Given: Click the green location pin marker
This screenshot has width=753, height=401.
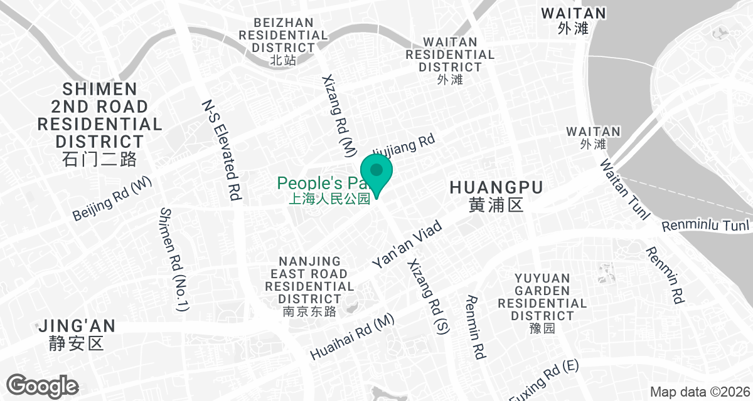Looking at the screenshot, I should pos(376,174).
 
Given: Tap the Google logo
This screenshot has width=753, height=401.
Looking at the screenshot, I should pos(43,385).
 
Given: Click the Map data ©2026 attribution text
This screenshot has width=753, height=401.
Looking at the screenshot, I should pos(700,392).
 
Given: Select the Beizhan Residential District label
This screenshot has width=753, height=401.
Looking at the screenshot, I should pos(283,41).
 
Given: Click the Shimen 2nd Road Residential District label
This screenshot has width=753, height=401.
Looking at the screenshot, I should pos(100,123).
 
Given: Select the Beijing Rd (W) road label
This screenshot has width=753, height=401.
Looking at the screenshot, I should pos(113,199).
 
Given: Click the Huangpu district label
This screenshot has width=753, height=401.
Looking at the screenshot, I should pos(496,195).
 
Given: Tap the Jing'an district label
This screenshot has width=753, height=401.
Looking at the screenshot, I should pos(77,334).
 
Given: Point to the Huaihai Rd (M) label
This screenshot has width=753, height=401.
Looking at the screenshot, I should pos(352,337).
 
